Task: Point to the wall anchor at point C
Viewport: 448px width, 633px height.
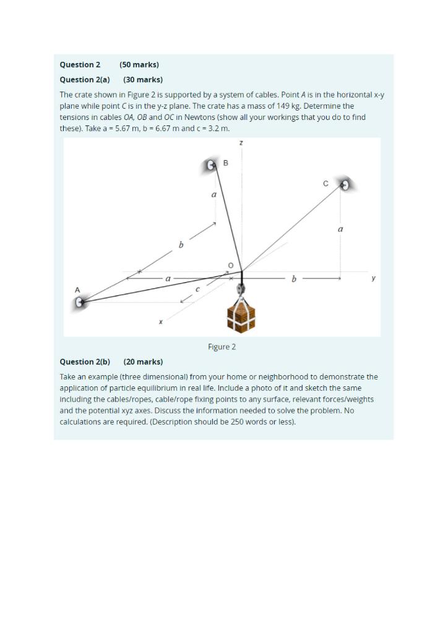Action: coord(345,184)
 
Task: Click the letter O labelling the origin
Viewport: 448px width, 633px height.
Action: coord(231,265)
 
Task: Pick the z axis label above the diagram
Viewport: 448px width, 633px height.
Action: coord(241,143)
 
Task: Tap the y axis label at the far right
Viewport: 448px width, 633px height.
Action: coord(373,278)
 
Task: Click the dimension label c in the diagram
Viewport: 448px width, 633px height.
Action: coord(197,289)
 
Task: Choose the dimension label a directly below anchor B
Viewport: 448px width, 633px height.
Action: coord(214,194)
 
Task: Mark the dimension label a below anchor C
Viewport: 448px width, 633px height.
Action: coord(340,229)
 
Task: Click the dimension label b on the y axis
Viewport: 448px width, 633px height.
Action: coord(294,279)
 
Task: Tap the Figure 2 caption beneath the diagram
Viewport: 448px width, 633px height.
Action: coord(222,347)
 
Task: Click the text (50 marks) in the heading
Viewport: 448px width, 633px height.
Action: coord(139,64)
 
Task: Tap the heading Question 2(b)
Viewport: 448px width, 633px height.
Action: coord(85,362)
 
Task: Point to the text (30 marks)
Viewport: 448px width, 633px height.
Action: coord(143,79)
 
